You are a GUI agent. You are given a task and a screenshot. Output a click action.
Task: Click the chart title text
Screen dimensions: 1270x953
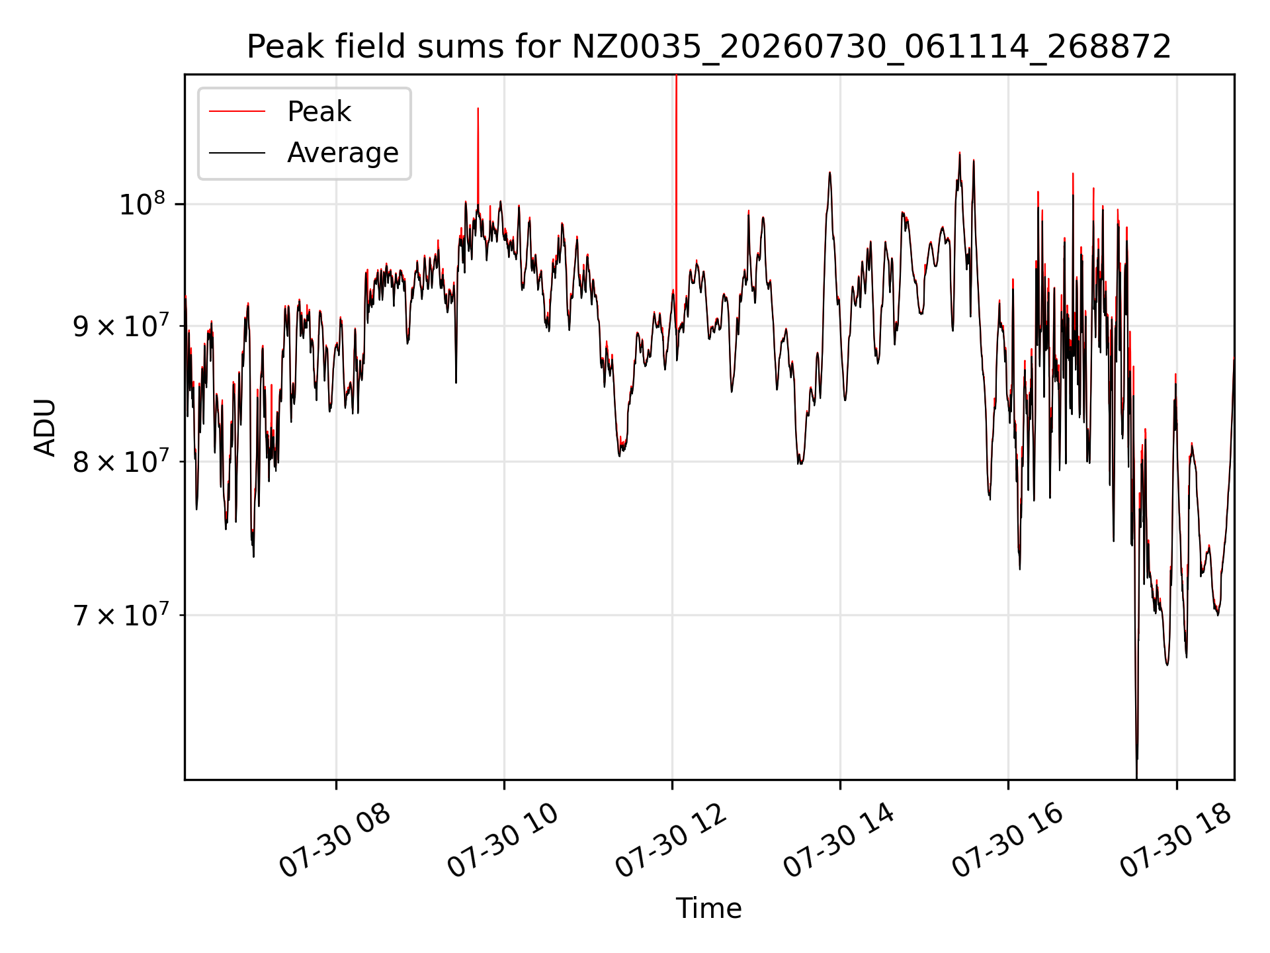pos(709,47)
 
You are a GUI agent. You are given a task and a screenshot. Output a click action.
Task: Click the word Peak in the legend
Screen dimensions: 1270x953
pos(319,111)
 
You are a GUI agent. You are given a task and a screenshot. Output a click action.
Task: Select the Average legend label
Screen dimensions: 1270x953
pos(343,153)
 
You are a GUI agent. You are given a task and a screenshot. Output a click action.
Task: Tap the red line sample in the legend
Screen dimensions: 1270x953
pos(237,111)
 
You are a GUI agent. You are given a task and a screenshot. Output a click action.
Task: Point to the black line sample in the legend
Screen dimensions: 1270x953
pos(237,153)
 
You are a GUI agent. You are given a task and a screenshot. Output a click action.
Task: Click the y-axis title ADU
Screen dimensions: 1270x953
pos(45,427)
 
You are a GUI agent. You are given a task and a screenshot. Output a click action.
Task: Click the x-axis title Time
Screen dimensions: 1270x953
pos(708,908)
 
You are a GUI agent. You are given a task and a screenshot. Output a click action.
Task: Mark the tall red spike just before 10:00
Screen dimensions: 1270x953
pos(478,159)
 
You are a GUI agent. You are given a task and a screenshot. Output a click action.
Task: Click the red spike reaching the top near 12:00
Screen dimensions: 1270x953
pos(676,185)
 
